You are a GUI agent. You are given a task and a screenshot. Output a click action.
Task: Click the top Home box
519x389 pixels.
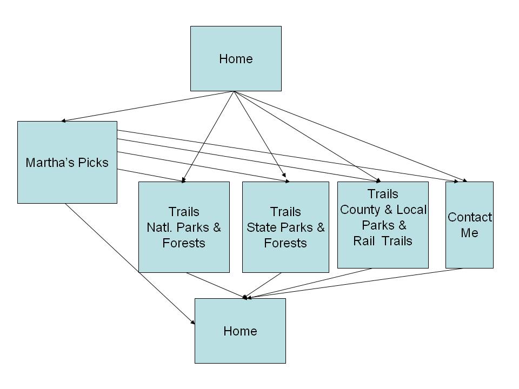[236, 58]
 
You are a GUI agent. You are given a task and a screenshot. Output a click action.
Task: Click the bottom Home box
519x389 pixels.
[240, 331]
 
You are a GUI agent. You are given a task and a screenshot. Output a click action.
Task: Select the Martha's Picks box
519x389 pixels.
[67, 162]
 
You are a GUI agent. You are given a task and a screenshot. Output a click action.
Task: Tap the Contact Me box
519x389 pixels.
[469, 225]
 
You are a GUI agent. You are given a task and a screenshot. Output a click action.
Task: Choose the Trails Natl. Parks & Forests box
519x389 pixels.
[184, 227]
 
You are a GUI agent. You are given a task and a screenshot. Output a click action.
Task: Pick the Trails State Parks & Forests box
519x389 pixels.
[285, 227]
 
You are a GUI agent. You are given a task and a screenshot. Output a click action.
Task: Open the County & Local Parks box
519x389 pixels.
[383, 225]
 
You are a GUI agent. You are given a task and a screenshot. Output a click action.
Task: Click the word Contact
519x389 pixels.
[470, 217]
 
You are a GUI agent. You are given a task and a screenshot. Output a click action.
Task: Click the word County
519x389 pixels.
[360, 210]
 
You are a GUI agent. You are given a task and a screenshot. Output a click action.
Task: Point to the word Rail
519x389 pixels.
[365, 241]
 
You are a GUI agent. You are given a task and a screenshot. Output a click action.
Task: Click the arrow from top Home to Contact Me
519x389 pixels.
[351, 137]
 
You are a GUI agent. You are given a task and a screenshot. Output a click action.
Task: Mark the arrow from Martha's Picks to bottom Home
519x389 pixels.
[130, 264]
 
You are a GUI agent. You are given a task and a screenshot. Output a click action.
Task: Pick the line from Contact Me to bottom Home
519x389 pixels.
[357, 283]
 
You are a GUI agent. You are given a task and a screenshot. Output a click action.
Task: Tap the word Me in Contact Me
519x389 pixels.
[470, 233]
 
